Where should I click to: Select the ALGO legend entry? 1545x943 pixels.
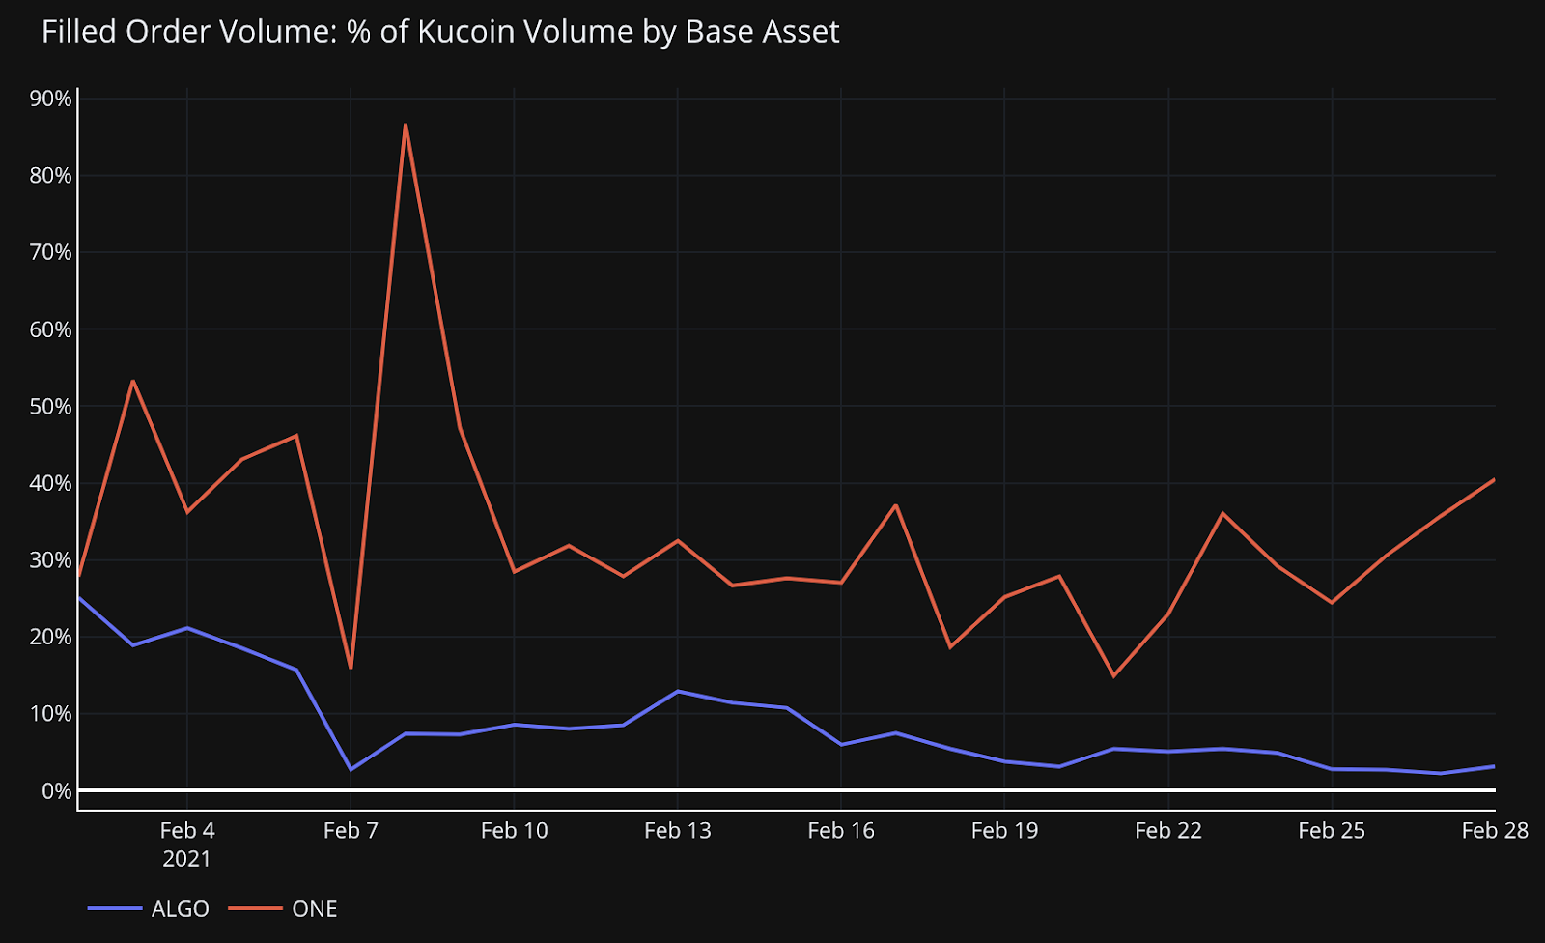[x=180, y=909]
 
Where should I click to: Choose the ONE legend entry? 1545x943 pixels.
[x=314, y=909]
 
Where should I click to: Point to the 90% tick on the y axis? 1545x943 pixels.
[x=51, y=99]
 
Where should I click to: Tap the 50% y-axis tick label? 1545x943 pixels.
[x=51, y=407]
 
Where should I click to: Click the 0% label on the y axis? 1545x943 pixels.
[x=56, y=791]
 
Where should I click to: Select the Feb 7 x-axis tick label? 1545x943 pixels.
[x=351, y=831]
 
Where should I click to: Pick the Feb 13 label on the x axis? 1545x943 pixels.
[x=677, y=831]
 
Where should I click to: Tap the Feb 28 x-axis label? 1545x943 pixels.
[x=1494, y=831]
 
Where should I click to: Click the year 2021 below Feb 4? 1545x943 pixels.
[x=186, y=859]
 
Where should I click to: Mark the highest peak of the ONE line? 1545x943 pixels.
[x=406, y=125]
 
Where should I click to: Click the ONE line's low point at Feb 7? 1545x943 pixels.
[x=351, y=668]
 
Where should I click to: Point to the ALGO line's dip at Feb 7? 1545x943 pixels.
[x=351, y=769]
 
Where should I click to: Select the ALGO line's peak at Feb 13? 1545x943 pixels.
[x=678, y=692]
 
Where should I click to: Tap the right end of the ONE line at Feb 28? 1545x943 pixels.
[x=1494, y=480]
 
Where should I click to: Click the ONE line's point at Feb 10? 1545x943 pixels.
[x=514, y=572]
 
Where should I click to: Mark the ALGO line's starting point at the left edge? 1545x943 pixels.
[x=78, y=597]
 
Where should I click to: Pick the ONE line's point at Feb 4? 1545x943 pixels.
[x=186, y=512]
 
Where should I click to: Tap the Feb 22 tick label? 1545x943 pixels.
[x=1167, y=831]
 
